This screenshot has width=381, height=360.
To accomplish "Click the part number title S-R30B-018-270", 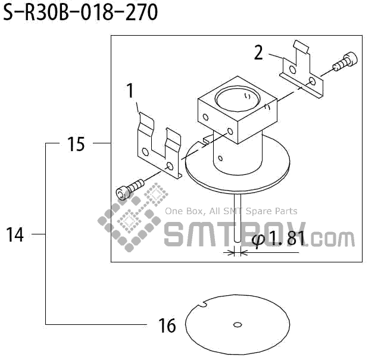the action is point(80,12).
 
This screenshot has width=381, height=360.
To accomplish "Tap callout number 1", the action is point(130,90).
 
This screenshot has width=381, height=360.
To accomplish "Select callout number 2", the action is point(258,52).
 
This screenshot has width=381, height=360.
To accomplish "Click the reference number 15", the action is point(76,144).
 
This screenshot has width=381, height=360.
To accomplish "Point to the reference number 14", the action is point(15,234).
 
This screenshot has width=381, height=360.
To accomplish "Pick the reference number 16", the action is point(167,325).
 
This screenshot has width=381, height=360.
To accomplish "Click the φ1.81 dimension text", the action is point(278,239).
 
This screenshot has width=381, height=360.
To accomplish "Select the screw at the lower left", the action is point(130,189).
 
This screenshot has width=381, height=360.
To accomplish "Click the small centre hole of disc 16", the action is point(238,324).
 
